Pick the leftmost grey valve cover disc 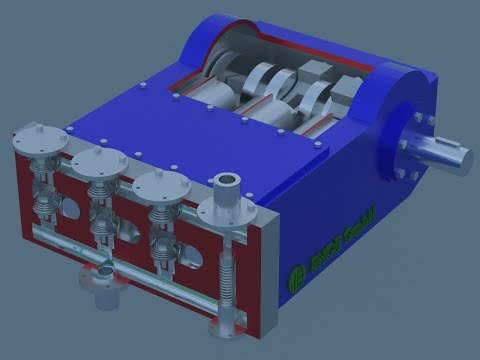(x=39, y=137)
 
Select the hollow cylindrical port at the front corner (x=228, y=183)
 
